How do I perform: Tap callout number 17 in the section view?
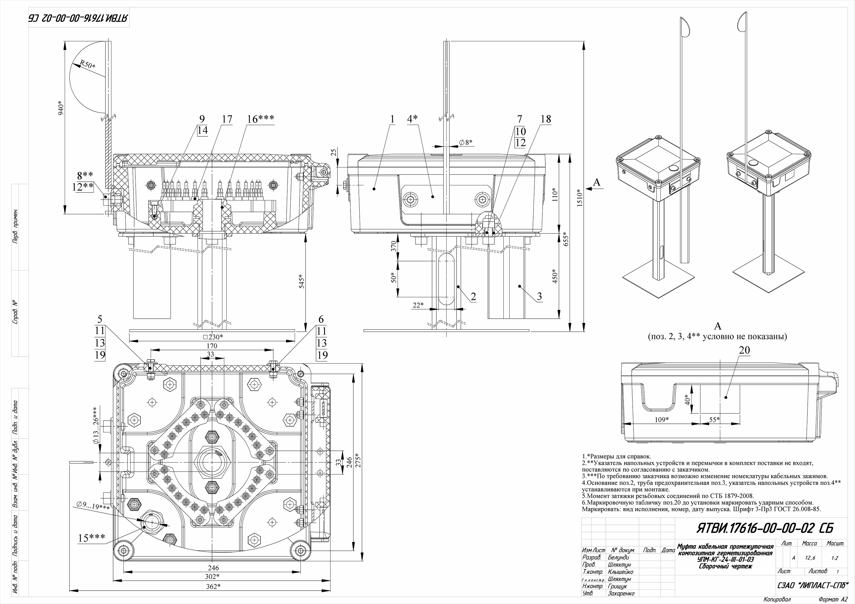point(227,119)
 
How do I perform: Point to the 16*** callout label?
point(261,119)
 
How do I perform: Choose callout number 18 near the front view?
point(545,119)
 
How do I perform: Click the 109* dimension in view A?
point(662,420)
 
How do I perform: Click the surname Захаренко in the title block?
point(621,593)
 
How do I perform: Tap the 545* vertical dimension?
point(302,281)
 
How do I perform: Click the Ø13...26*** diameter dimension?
point(96,431)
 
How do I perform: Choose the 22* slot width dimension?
point(418,305)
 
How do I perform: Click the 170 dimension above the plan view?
point(212,346)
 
